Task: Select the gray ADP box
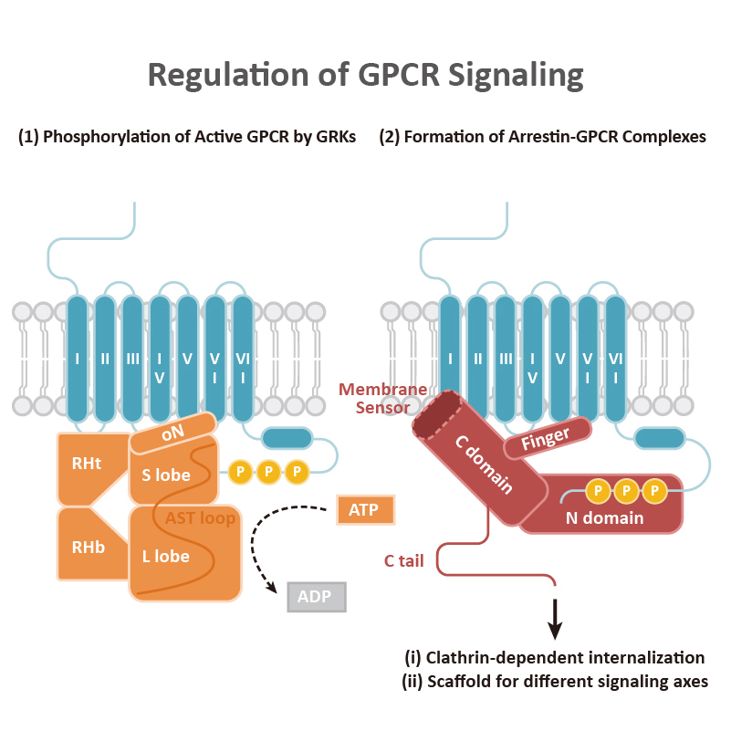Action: (x=317, y=597)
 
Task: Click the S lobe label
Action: (x=166, y=475)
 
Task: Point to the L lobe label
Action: (x=166, y=557)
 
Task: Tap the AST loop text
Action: (x=201, y=518)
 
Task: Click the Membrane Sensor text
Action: (x=383, y=399)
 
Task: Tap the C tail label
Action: (x=399, y=561)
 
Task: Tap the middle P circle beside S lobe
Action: (x=268, y=472)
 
